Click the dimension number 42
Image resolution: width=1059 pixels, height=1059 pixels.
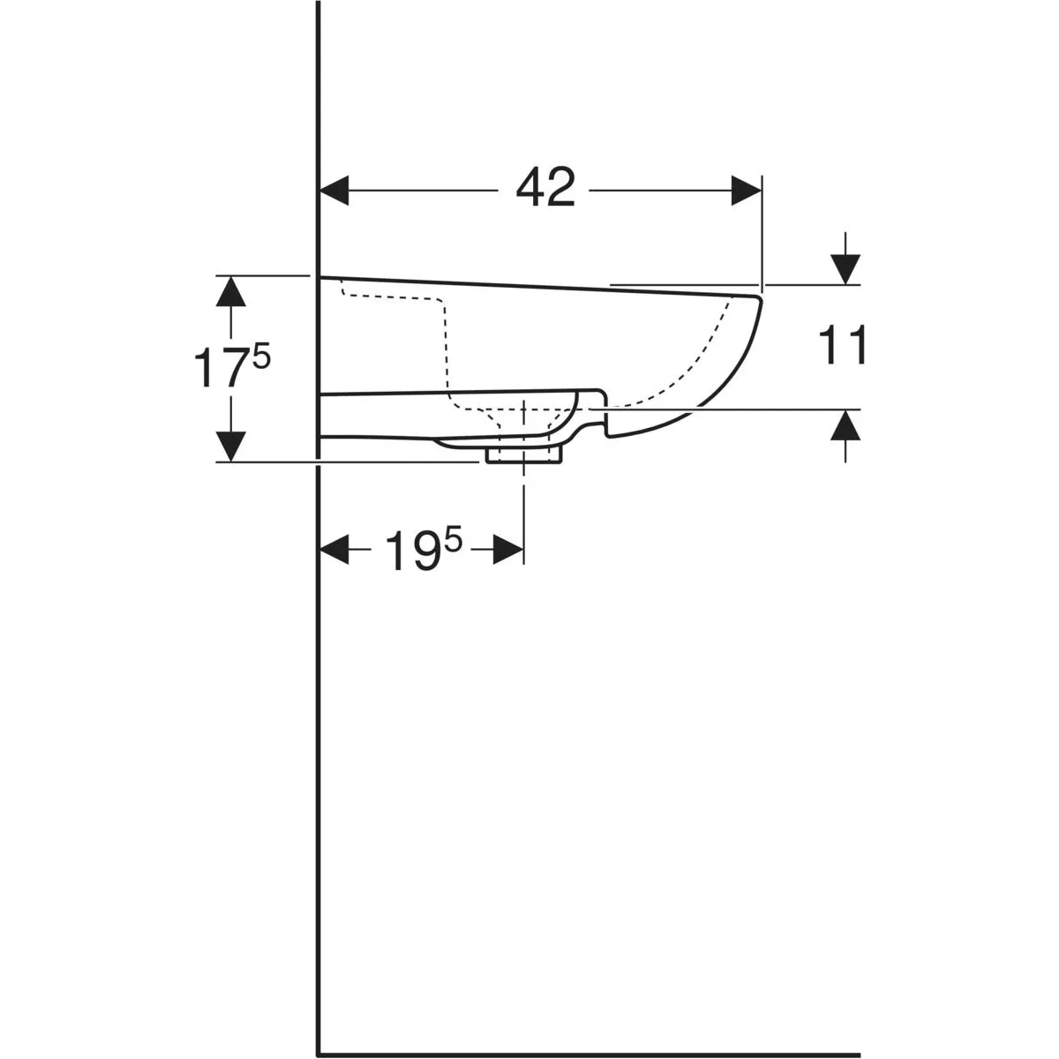545,187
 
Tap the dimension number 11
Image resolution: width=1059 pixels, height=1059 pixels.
842,344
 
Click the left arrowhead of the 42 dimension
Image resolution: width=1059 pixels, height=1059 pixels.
334,190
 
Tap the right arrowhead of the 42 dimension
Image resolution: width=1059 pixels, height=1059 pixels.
747,190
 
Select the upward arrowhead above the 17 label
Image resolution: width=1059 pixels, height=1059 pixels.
230,290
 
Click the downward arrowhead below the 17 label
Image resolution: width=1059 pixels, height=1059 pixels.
230,447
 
